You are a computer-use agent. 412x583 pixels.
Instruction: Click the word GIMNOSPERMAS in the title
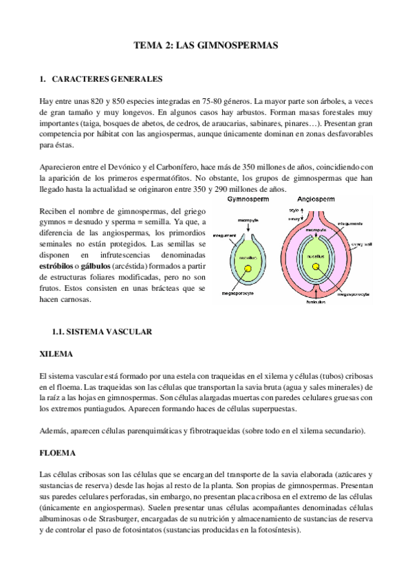[237, 45]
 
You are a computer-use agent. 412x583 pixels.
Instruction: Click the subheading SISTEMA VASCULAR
[112, 331]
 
